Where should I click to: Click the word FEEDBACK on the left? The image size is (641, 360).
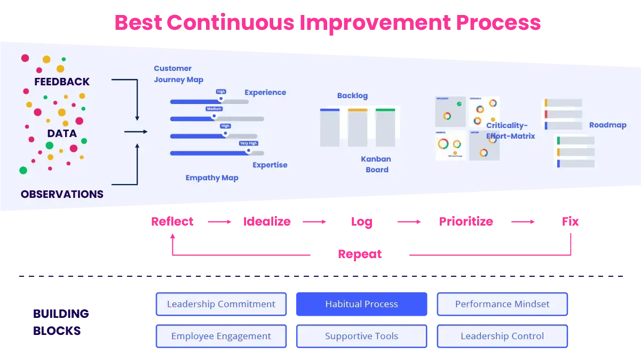click(62, 82)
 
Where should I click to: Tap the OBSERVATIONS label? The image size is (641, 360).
click(62, 194)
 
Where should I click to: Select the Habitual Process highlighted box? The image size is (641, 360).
click(361, 304)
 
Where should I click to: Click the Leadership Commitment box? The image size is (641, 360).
click(221, 304)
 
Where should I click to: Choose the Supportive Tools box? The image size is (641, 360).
click(361, 336)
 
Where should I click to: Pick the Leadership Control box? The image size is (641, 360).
click(502, 336)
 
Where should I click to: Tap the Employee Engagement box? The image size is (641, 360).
click(221, 336)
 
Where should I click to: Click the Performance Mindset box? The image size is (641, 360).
click(502, 304)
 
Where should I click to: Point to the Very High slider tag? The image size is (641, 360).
click(248, 143)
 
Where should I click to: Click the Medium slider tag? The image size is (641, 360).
click(214, 109)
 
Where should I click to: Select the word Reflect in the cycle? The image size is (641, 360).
click(172, 221)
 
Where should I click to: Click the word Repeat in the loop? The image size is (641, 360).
click(360, 254)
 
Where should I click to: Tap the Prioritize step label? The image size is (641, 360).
click(466, 221)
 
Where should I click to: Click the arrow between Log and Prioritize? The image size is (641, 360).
click(409, 221)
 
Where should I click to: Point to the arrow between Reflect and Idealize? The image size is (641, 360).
click(219, 221)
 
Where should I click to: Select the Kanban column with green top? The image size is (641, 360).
click(385, 127)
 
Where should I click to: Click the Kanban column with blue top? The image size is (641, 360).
click(330, 127)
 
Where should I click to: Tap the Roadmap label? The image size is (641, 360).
click(607, 125)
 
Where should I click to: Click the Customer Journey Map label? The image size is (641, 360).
click(178, 74)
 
